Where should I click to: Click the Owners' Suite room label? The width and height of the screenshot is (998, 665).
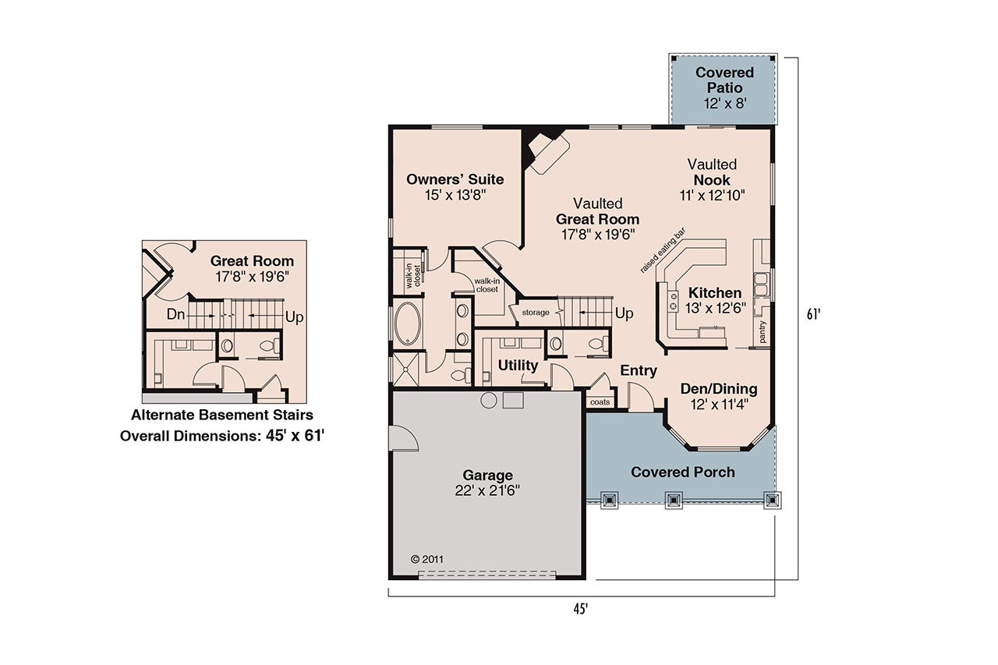click(x=455, y=179)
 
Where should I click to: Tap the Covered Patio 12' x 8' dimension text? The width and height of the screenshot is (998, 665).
click(x=724, y=103)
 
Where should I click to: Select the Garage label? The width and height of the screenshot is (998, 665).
click(x=487, y=475)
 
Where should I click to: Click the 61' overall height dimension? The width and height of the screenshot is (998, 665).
click(x=814, y=315)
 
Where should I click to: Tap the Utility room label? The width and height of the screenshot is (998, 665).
click(x=518, y=366)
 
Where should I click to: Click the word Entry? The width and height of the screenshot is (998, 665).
click(x=639, y=371)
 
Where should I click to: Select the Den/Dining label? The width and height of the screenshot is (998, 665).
click(x=718, y=389)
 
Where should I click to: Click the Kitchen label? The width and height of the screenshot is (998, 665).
click(x=715, y=293)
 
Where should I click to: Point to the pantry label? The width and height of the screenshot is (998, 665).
click(x=763, y=332)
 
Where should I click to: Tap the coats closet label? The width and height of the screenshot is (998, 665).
click(x=600, y=402)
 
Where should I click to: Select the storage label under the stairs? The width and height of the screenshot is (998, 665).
click(x=535, y=313)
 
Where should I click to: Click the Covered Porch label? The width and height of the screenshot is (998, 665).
click(x=682, y=472)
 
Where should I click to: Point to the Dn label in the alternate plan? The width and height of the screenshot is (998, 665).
click(x=177, y=315)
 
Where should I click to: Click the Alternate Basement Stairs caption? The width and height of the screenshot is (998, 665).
click(x=221, y=415)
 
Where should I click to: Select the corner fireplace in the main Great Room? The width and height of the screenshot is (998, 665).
click(x=546, y=150)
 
